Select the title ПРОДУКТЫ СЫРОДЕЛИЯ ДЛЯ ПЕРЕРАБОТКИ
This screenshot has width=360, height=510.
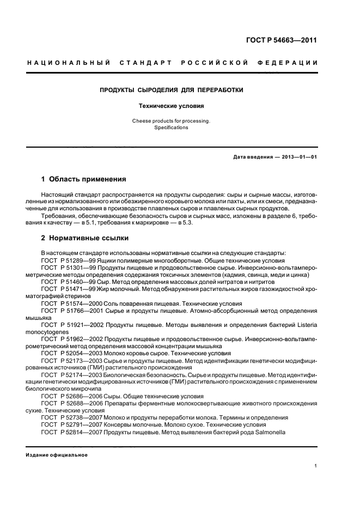click(x=171, y=89)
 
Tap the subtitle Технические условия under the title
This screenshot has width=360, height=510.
click(x=171, y=106)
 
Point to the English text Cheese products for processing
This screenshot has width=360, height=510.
click(x=171, y=120)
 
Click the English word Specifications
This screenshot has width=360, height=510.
click(x=171, y=127)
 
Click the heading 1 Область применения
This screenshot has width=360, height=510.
click(x=84, y=179)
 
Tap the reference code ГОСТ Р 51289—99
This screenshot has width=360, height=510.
click(x=68, y=260)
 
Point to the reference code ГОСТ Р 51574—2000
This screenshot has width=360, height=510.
click(x=71, y=302)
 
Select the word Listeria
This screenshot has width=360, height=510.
click(x=306, y=324)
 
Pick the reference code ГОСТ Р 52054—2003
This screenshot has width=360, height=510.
click(x=71, y=353)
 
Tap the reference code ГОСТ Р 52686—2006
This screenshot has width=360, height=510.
click(x=71, y=396)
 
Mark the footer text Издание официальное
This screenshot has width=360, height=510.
click(x=57, y=455)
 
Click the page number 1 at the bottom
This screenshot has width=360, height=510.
click(x=316, y=466)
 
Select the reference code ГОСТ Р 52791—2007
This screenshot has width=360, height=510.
click(x=71, y=424)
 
